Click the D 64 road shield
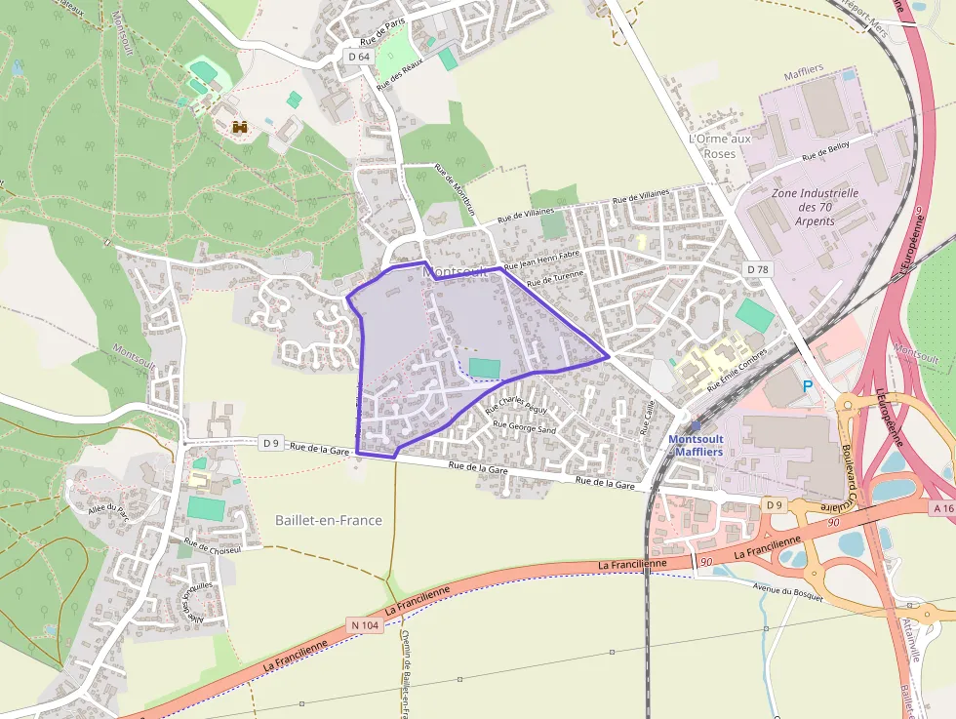tap(359, 57)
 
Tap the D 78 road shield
tap(757, 268)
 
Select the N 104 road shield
tap(364, 624)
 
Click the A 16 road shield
tap(942, 508)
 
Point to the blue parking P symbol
tap(807, 386)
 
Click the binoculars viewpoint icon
tap(240, 126)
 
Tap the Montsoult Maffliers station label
tap(696, 445)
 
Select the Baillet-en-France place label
tap(329, 520)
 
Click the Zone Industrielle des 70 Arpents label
tap(815, 207)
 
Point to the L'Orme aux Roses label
tap(720, 146)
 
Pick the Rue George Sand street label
tap(524, 426)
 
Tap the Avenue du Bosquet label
tap(787, 591)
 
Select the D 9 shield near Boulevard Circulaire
tap(775, 504)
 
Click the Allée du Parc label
tap(108, 511)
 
